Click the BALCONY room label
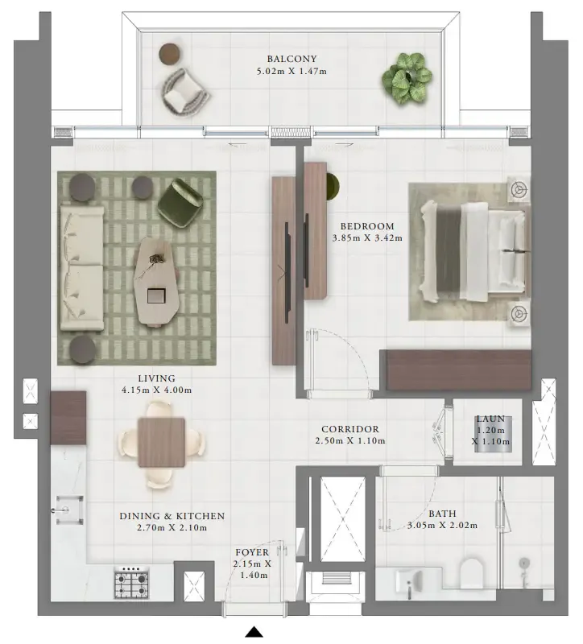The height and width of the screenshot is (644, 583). click(291, 59)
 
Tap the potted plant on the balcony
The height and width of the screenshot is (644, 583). click(407, 77)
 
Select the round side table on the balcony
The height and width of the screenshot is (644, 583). click(170, 54)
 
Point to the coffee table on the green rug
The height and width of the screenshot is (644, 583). click(155, 281)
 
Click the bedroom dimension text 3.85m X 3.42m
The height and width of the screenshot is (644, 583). click(367, 237)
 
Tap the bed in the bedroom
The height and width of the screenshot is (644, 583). click(473, 251)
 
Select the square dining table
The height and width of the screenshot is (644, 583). click(162, 442)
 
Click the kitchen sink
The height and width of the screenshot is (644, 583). click(69, 510)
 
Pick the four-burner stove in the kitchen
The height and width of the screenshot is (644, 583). click(131, 582)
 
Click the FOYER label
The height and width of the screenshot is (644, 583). click(252, 552)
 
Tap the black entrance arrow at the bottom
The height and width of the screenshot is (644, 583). click(254, 632)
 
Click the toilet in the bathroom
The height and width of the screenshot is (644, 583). click(472, 572)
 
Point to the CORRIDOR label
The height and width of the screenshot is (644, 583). click(350, 429)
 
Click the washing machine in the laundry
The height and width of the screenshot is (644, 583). click(493, 435)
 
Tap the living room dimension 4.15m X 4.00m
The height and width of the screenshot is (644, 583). click(156, 390)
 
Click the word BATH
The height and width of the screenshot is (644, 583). click(442, 514)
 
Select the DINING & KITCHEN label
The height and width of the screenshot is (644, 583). click(172, 516)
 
